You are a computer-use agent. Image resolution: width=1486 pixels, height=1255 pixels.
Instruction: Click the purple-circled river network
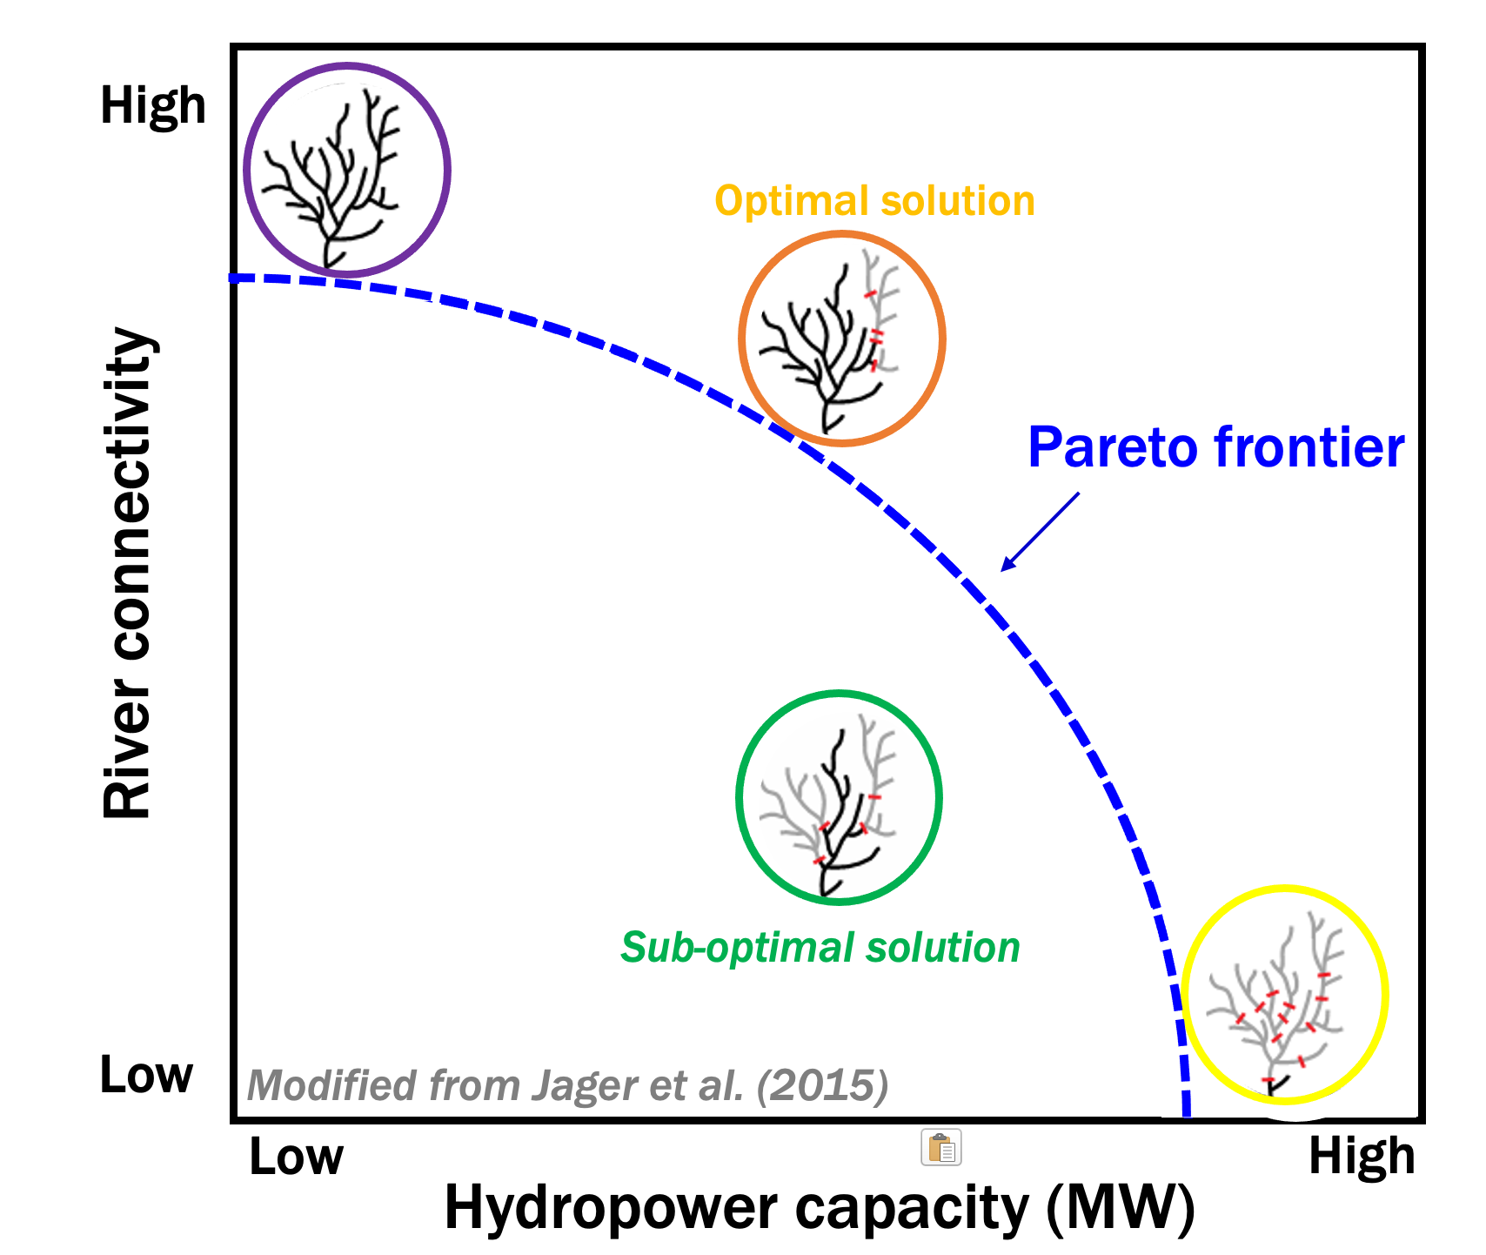pos(346,170)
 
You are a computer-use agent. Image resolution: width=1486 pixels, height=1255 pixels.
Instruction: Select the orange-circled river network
pos(841,339)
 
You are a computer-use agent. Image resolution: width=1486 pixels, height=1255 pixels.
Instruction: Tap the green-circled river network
pos(839,797)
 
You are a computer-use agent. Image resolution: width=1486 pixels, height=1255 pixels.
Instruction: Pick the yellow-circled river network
pos(1284,995)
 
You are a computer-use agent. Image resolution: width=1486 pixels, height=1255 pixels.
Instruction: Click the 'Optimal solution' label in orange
pos(874,201)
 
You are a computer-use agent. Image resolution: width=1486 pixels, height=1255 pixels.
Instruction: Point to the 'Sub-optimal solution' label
pos(820,947)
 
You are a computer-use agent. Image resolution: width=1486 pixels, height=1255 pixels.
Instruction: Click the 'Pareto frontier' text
pos(1215,447)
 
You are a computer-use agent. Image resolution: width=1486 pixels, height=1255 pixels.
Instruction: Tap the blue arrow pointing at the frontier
pos(1040,532)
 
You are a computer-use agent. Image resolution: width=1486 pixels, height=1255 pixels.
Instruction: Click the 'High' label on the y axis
pos(153,106)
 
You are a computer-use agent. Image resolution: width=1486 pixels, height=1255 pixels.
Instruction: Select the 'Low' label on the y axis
pos(146,1075)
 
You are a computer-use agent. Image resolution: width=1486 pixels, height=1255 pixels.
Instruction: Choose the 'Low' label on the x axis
pos(296,1157)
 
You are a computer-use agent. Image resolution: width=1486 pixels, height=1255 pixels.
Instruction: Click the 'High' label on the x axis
pos(1362,1157)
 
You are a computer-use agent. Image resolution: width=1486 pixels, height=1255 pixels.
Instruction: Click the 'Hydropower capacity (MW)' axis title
pos(819,1208)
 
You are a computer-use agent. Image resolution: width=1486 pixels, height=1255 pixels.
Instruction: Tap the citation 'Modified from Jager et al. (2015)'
pos(567,1085)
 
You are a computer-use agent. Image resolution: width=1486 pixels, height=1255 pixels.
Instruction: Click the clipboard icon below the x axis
pos(940,1147)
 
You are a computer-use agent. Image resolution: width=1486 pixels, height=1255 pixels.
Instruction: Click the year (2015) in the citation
pos(822,1085)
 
